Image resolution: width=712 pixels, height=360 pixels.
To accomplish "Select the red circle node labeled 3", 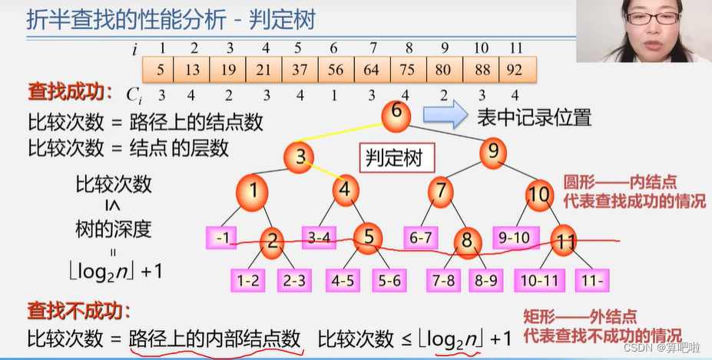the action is [301, 158].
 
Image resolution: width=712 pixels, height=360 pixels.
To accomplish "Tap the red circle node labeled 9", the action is [493, 150].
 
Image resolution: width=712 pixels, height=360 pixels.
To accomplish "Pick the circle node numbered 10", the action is [539, 193].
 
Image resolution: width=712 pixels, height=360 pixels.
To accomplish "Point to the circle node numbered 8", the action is [467, 239].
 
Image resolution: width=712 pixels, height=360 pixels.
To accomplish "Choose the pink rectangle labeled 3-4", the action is [319, 237].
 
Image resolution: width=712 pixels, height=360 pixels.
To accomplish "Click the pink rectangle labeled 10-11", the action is [538, 280].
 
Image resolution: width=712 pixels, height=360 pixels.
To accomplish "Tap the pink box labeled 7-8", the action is [443, 280].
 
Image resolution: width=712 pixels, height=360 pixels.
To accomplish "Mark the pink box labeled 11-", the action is [594, 280].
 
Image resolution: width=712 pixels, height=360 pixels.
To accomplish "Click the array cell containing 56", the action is [336, 70].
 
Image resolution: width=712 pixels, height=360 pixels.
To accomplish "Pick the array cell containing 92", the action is [516, 70].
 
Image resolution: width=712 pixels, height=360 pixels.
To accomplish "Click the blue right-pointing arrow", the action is [445, 117].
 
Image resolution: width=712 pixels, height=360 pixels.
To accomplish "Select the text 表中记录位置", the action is [535, 117].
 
